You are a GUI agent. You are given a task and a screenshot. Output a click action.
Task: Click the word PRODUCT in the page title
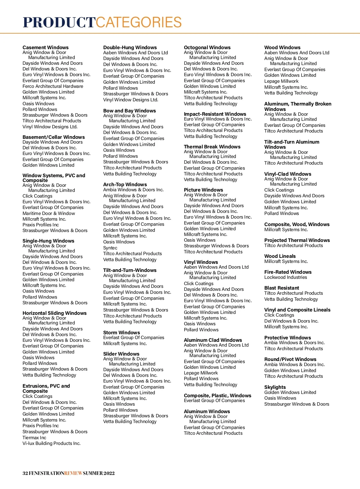tap(59, 22)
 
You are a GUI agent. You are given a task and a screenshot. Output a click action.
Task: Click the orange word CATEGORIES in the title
tap(139, 22)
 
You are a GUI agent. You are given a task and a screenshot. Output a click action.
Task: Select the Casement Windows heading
tap(45, 47)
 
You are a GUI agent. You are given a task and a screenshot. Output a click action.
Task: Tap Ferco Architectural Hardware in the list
tap(53, 86)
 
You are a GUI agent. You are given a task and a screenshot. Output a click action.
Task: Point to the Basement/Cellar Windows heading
tap(53, 137)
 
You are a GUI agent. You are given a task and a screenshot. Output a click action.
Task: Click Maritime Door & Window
tap(49, 213)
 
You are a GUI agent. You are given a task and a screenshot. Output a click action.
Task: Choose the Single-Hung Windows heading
tap(48, 241)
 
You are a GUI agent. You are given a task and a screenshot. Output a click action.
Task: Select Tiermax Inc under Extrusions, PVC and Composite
tap(34, 438)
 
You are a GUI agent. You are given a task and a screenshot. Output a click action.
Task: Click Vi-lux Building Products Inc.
tap(51, 443)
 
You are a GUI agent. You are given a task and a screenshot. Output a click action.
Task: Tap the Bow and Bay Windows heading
tap(129, 111)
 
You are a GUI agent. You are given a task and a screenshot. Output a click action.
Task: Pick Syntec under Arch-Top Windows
tap(110, 248)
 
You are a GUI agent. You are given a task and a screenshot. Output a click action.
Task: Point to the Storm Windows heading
tap(121, 332)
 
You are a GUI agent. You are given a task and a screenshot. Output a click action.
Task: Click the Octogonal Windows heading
tap(207, 47)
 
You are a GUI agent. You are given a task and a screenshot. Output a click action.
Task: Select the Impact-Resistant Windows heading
tap(215, 114)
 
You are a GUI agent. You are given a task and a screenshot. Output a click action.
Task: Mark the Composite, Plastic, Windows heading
tap(217, 395)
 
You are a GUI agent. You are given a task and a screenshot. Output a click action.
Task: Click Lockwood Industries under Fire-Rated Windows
tap(286, 277)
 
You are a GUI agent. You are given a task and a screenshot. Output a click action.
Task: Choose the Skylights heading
tap(275, 387)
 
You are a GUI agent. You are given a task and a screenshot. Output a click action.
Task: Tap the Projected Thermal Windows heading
tap(297, 240)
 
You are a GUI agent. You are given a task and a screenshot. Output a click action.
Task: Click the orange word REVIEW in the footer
tap(73, 473)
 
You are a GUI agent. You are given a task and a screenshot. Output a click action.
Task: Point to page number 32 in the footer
tap(25, 473)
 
